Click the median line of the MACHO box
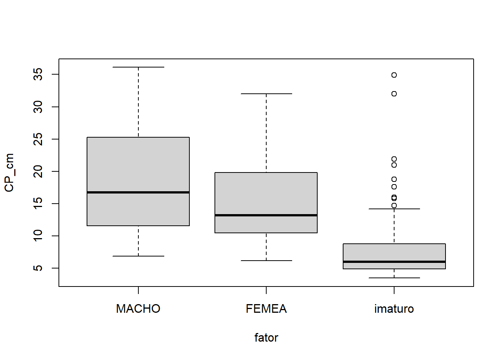coord(138,192)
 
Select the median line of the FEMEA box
coord(266,215)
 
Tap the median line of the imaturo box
coord(394,262)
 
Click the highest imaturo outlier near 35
coord(394,75)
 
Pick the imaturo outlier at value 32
coord(394,94)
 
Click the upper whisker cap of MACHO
coord(138,67)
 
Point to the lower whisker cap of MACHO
coord(138,256)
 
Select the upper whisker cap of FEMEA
coord(266,94)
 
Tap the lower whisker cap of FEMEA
coord(266,261)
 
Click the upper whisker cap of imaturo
coord(394,209)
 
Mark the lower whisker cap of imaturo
coord(394,278)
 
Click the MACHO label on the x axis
coord(138,309)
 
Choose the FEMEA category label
coord(266,309)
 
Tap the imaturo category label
coord(394,309)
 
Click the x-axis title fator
coord(266,337)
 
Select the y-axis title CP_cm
coord(9,172)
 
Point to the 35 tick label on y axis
coord(38,74)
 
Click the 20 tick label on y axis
coord(38,171)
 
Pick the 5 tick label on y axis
coord(38,268)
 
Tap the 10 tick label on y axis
coord(38,236)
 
